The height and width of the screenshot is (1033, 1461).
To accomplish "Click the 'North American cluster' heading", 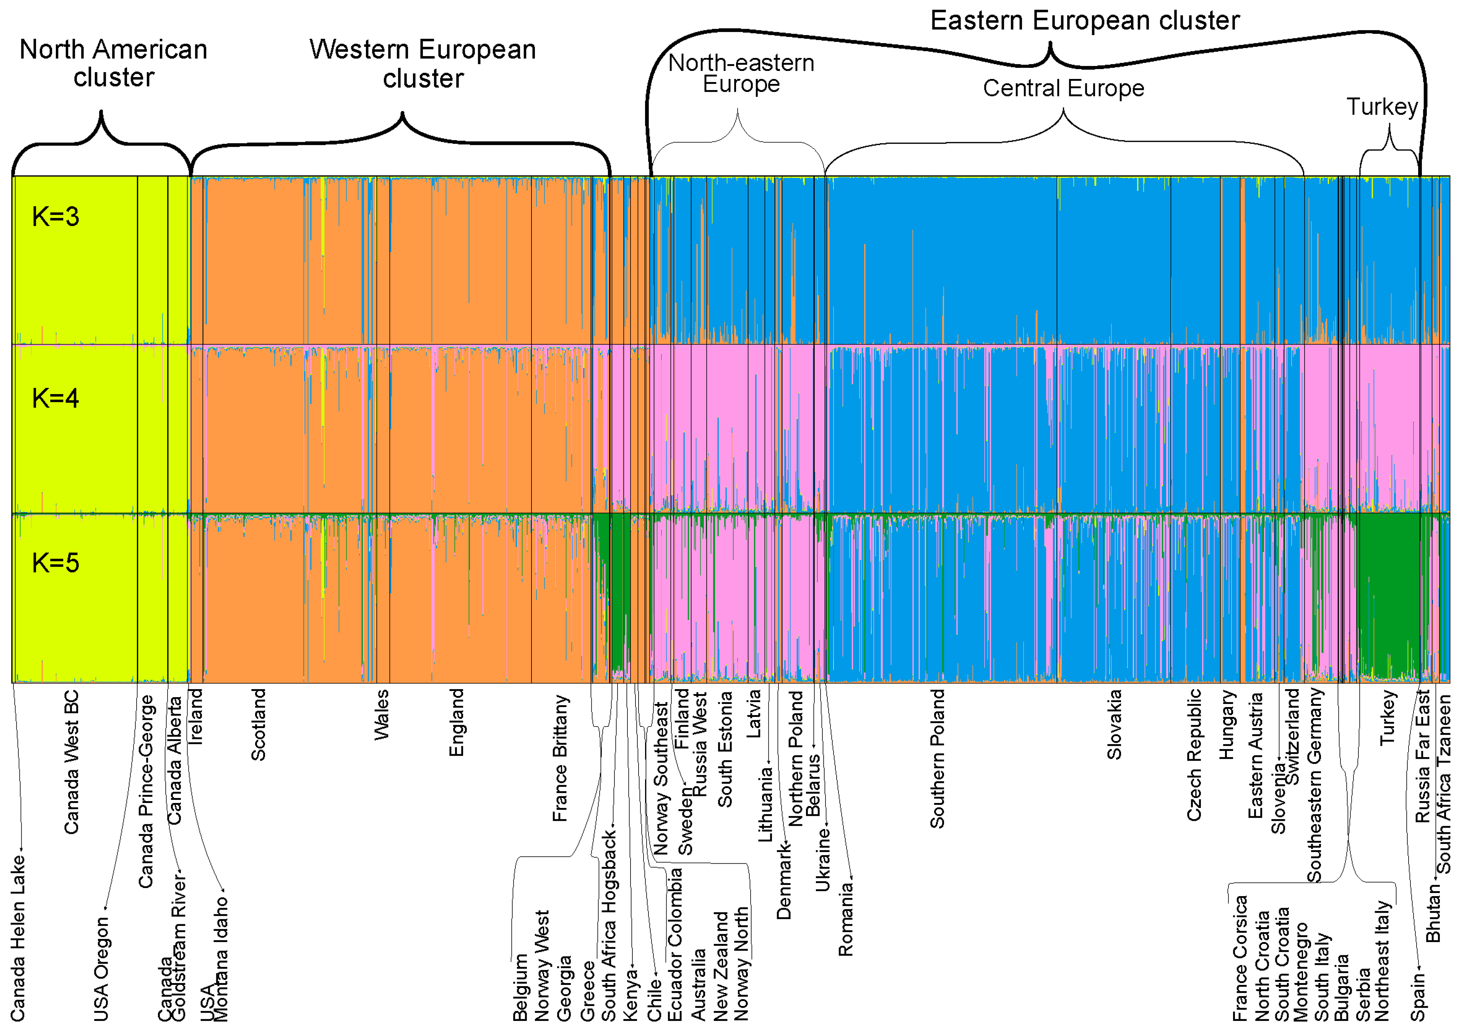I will [x=113, y=63].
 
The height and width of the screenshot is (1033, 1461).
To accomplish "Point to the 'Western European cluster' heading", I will [x=423, y=64].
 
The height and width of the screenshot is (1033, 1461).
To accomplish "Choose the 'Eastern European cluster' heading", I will [x=1085, y=20].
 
